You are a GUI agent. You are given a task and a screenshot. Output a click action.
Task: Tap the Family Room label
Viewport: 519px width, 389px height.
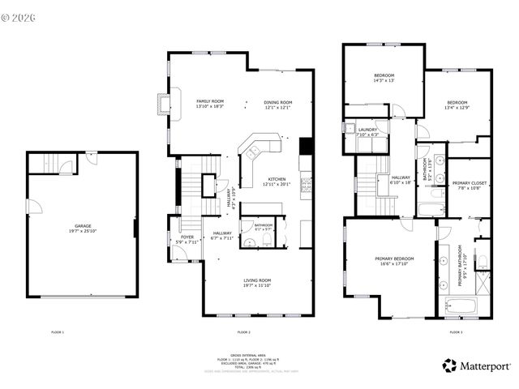[x=209, y=104]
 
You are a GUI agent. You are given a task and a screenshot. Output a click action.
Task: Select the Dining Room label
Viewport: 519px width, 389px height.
[x=277, y=105]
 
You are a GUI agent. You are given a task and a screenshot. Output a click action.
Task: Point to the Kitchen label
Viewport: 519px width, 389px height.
[x=277, y=182]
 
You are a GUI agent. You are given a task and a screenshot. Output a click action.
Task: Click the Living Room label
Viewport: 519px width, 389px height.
[x=257, y=283]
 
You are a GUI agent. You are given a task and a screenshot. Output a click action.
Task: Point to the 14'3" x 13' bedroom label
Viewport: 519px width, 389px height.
[x=384, y=78]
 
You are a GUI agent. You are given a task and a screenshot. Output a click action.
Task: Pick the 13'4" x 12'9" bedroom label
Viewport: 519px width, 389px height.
[x=457, y=105]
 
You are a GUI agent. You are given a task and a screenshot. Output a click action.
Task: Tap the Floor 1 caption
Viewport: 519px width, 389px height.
[x=58, y=332]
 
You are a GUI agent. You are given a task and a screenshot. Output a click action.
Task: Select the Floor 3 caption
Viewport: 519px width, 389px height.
[x=457, y=332]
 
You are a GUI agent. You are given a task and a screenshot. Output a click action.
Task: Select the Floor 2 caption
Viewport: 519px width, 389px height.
[x=244, y=332]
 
